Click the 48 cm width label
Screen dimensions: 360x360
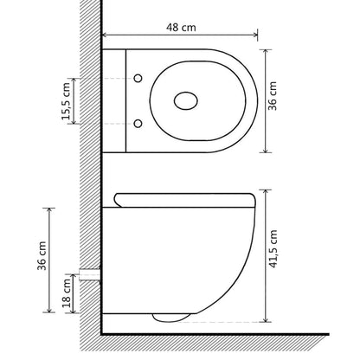179,25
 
